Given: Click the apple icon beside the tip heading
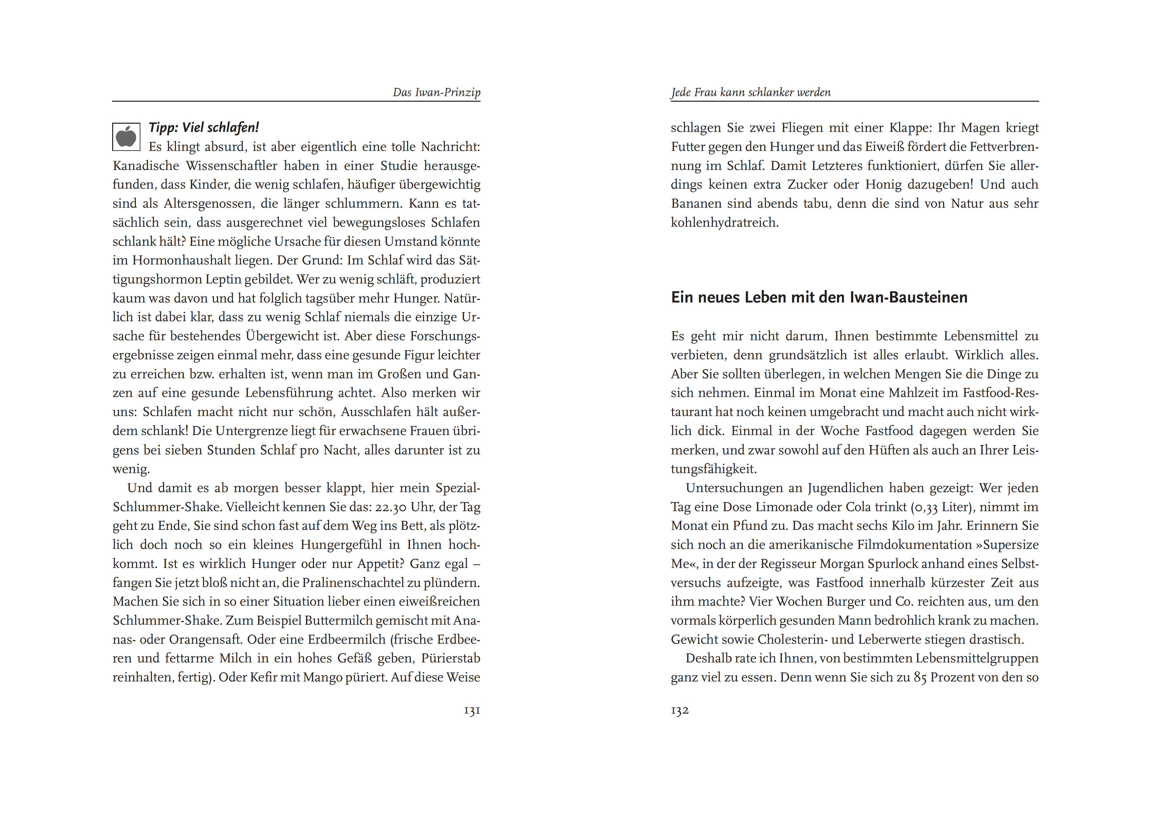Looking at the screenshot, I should [126, 136].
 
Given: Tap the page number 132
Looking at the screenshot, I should [680, 710].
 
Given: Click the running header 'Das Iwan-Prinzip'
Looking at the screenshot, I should [436, 92].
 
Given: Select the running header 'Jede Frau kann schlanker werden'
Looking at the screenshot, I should [750, 92].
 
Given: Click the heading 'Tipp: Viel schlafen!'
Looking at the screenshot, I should [203, 127].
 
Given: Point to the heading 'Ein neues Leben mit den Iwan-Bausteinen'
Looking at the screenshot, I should [819, 297].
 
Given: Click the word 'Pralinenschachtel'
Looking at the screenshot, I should [368, 583].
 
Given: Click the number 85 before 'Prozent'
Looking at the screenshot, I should [920, 678].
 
